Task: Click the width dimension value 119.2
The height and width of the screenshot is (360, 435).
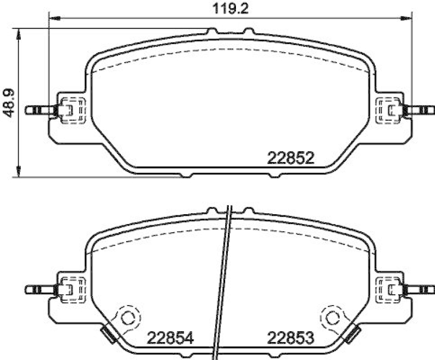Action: point(230,9)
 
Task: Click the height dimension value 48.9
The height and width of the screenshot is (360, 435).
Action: point(8,103)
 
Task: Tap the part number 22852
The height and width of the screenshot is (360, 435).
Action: point(290,158)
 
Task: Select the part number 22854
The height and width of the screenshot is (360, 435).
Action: point(170,338)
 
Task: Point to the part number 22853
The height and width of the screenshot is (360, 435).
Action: point(290,338)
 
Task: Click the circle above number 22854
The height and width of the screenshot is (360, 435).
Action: point(128,318)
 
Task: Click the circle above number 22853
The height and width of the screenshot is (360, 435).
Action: point(333,318)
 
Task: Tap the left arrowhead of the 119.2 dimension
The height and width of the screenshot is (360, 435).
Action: point(54,18)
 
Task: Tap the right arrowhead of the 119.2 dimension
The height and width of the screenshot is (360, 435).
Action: point(406,18)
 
